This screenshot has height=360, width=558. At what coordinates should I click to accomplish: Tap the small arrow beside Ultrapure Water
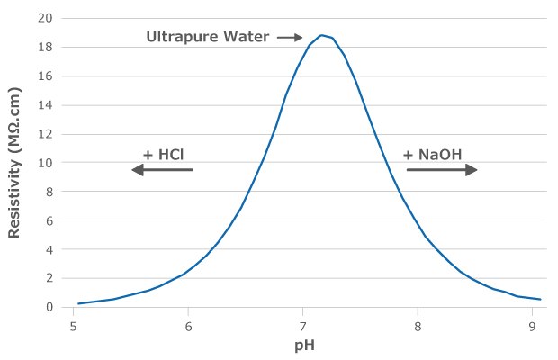point(290,38)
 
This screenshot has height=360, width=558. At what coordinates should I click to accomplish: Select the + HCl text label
point(163,154)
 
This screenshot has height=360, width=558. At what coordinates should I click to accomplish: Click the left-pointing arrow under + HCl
point(162,169)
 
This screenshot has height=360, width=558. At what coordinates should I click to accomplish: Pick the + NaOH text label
point(433,154)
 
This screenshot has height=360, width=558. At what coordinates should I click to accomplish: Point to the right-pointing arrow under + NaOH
point(442,169)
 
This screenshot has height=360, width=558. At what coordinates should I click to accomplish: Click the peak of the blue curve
point(321,35)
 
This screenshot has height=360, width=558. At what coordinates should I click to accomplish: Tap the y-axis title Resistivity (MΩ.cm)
point(14,161)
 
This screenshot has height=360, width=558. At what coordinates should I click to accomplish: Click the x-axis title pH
point(303,345)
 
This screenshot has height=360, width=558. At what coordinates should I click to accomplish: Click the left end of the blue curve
point(79,303)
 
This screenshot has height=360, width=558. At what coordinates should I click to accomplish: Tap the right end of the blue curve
point(540,299)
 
